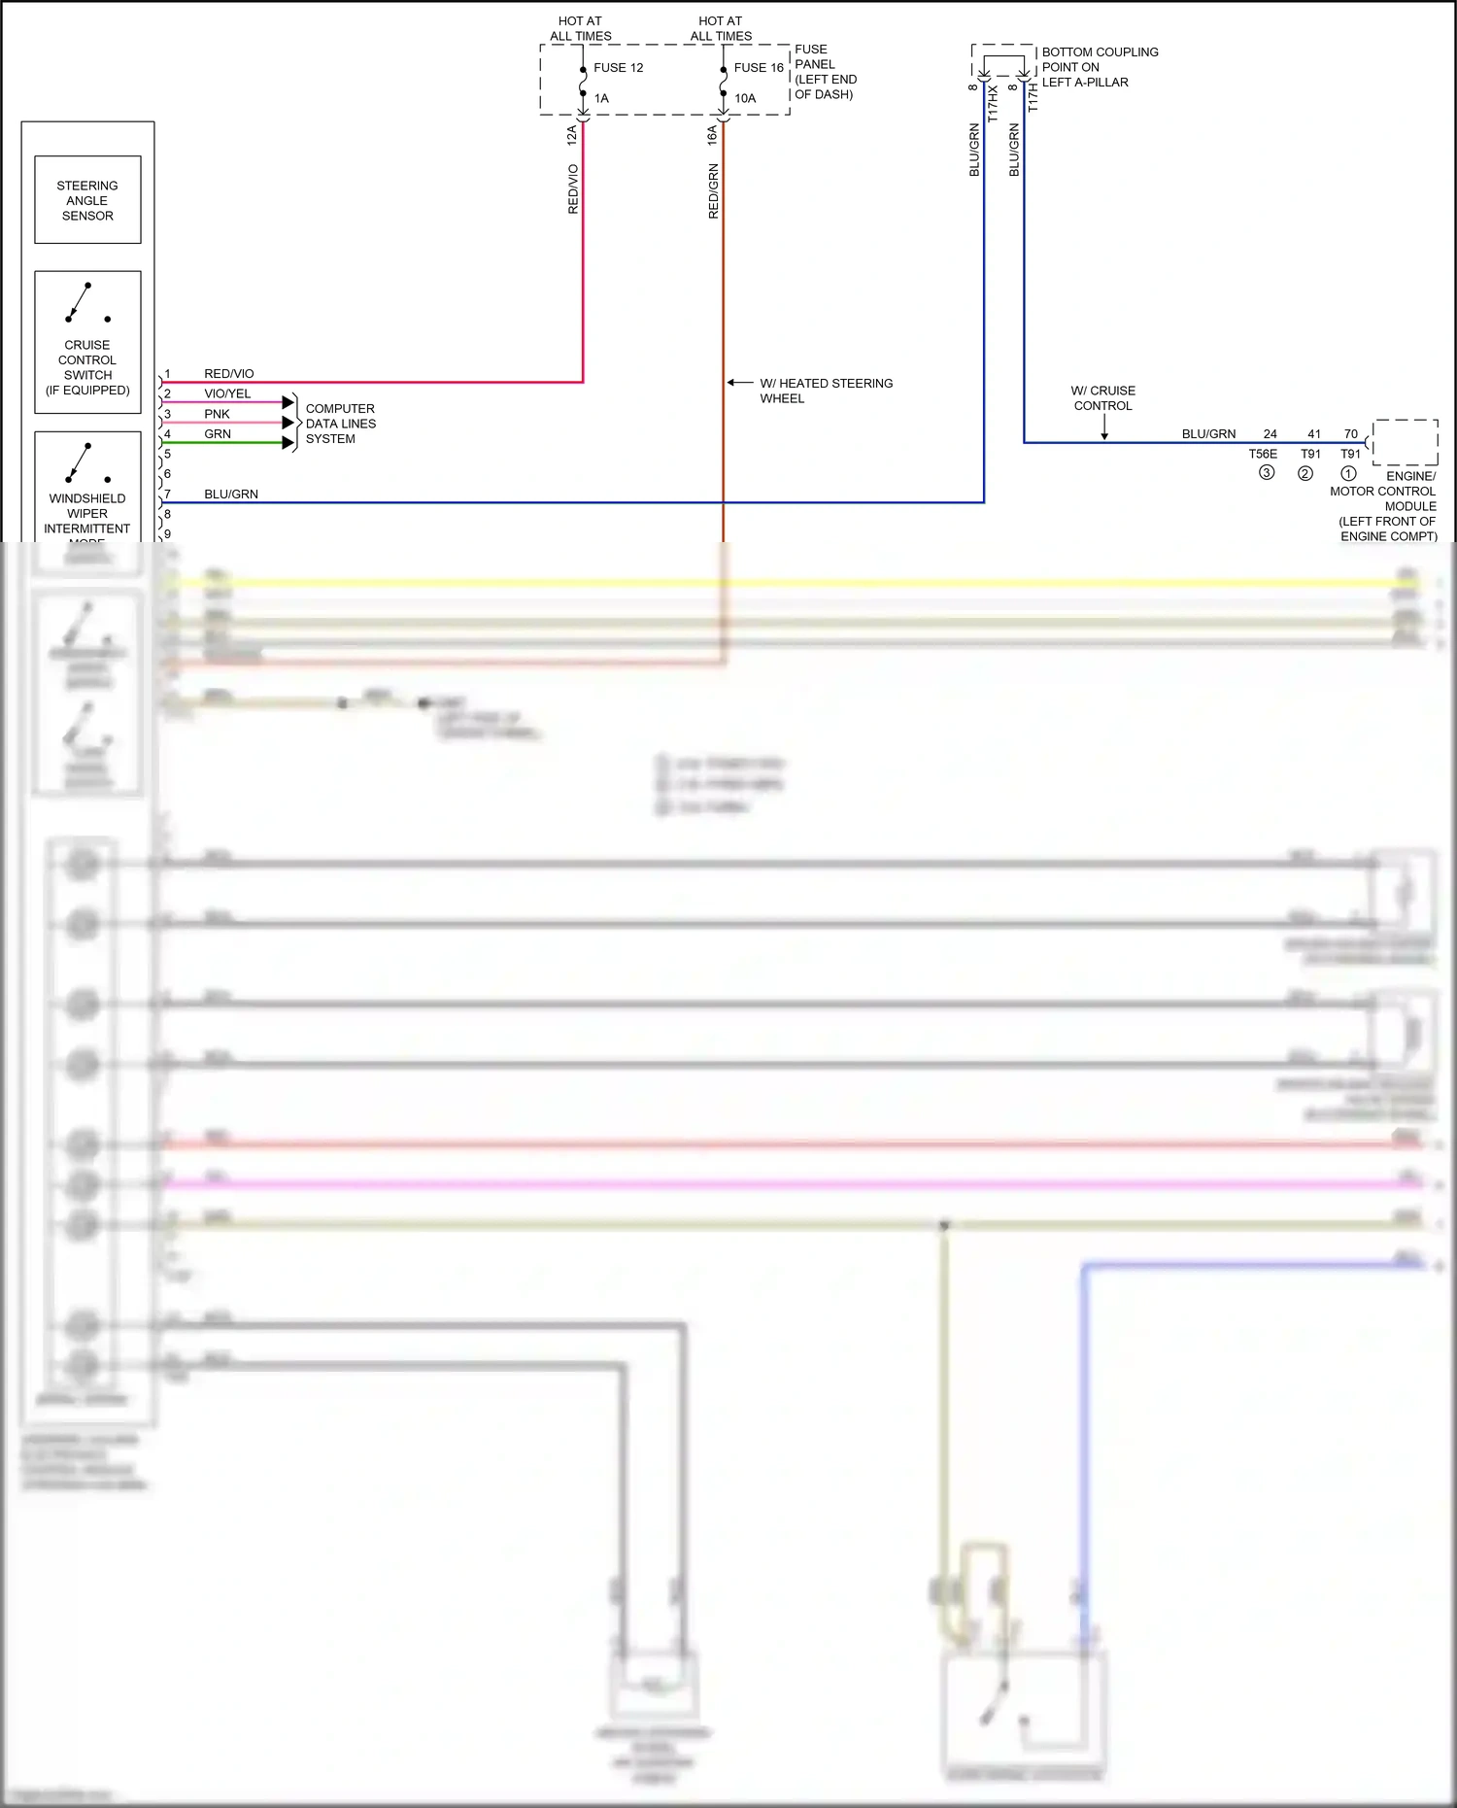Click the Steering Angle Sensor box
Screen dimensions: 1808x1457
tap(87, 200)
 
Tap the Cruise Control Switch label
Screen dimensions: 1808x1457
tap(87, 367)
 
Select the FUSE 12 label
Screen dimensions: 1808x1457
tap(619, 68)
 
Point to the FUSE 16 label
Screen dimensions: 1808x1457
tap(759, 68)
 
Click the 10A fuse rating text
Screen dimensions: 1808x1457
tap(745, 98)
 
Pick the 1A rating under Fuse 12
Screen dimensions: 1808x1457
tap(601, 98)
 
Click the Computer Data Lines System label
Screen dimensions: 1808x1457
tap(340, 424)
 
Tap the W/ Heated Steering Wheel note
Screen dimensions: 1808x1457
tap(826, 391)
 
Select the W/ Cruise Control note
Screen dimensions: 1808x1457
tap(1103, 398)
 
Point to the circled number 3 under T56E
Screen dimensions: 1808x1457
tap(1267, 473)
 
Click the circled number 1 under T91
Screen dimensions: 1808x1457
tap(1348, 474)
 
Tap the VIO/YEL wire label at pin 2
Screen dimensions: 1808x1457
tap(227, 393)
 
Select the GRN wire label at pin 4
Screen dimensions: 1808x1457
tap(218, 434)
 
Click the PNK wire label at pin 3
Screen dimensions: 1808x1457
tap(217, 414)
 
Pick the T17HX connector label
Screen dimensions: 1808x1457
tap(993, 103)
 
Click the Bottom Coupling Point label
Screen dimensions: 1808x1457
tap(1100, 67)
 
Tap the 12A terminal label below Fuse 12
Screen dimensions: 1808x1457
tap(572, 135)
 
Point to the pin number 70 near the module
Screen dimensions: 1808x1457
tap(1350, 434)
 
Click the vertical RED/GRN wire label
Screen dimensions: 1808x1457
tap(714, 190)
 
